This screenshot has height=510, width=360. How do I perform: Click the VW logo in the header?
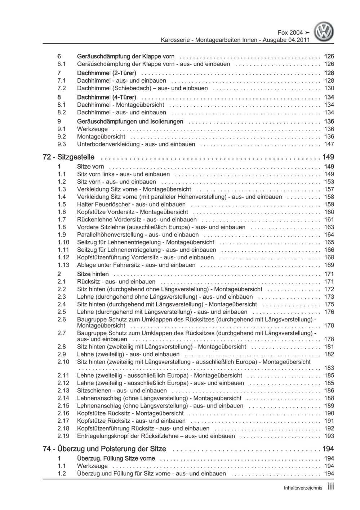[x=324, y=32]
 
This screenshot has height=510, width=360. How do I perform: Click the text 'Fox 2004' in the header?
[x=290, y=33]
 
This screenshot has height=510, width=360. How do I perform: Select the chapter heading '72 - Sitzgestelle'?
[x=68, y=157]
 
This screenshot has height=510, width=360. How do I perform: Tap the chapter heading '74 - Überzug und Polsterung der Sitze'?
[x=105, y=449]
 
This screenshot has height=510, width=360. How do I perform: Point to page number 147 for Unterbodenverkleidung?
[x=329, y=144]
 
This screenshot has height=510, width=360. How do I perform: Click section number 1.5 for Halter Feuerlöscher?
[x=62, y=205]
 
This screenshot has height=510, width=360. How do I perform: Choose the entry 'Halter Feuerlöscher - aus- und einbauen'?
[x=131, y=205]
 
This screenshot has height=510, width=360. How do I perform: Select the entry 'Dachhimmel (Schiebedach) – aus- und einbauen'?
[x=142, y=88]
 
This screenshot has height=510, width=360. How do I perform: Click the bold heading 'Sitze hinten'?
[x=93, y=274]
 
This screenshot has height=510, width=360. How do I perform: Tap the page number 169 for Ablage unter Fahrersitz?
[x=329, y=265]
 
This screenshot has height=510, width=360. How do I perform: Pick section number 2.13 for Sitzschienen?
[x=63, y=391]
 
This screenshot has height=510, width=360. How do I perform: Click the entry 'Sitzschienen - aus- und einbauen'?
[x=122, y=391]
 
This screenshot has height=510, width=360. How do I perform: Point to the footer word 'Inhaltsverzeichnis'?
[x=303, y=488]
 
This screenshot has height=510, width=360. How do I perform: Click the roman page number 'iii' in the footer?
[x=331, y=487]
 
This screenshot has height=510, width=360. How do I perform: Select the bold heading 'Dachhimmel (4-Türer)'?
[x=106, y=97]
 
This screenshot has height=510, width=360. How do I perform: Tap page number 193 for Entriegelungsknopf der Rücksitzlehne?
[x=329, y=436]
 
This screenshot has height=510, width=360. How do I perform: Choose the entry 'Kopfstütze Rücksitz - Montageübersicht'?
[x=130, y=413]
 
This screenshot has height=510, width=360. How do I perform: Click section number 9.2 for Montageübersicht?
[x=62, y=137]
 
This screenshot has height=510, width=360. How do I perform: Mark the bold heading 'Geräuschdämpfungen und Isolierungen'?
[x=130, y=122]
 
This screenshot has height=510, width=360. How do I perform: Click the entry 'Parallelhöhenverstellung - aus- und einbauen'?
[x=138, y=235]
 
